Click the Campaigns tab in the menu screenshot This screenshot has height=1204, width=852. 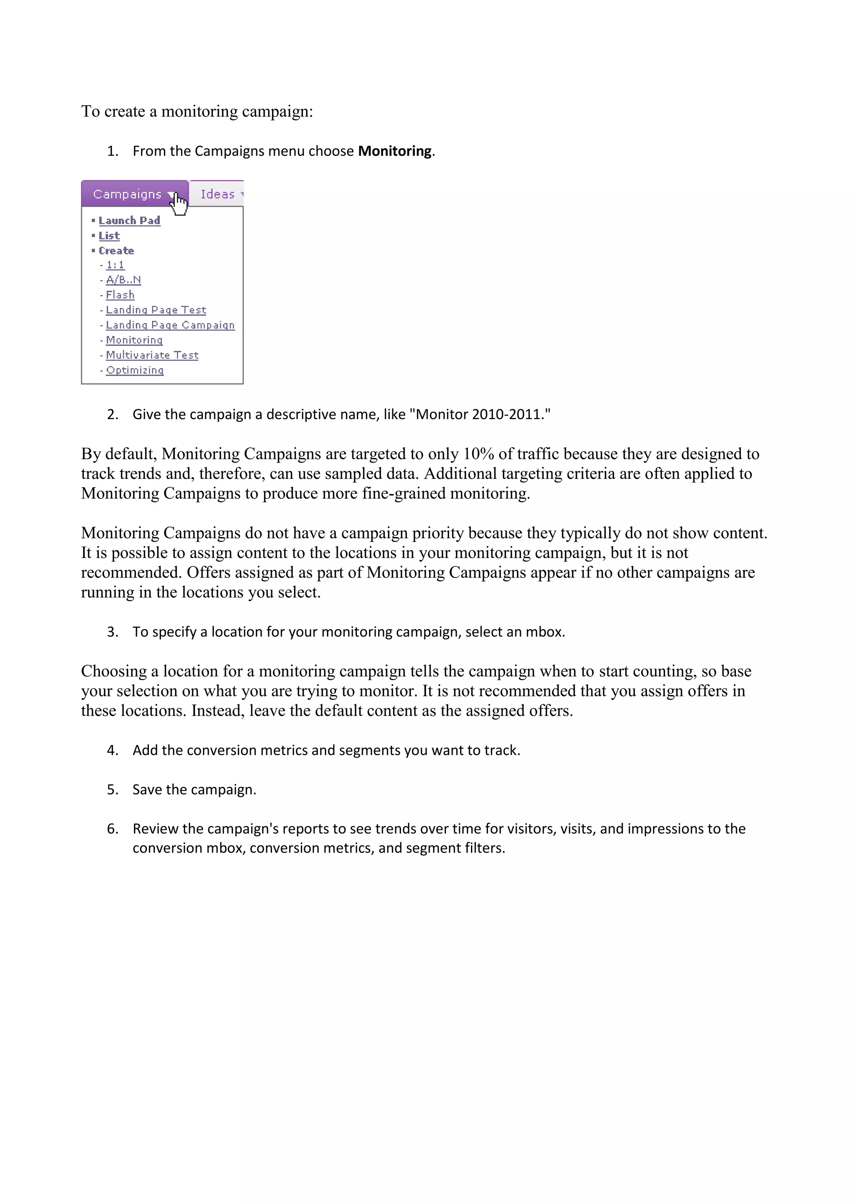click(127, 194)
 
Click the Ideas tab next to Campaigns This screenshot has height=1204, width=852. click(217, 194)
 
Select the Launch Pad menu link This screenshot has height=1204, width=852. click(129, 221)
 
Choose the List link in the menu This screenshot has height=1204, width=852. click(109, 236)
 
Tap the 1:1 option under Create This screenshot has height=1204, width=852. click(115, 265)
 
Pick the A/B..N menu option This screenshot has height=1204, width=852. click(123, 280)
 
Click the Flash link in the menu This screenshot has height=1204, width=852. click(120, 295)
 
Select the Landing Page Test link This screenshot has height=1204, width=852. click(156, 310)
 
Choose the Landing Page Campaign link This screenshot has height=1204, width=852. click(170, 325)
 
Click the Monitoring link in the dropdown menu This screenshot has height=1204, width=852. click(134, 340)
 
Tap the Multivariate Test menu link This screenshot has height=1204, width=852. click(152, 355)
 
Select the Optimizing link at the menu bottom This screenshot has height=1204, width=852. click(135, 370)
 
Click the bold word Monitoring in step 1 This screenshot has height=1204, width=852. click(394, 151)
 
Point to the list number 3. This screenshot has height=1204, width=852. click(112, 632)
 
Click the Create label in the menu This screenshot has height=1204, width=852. click(116, 251)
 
